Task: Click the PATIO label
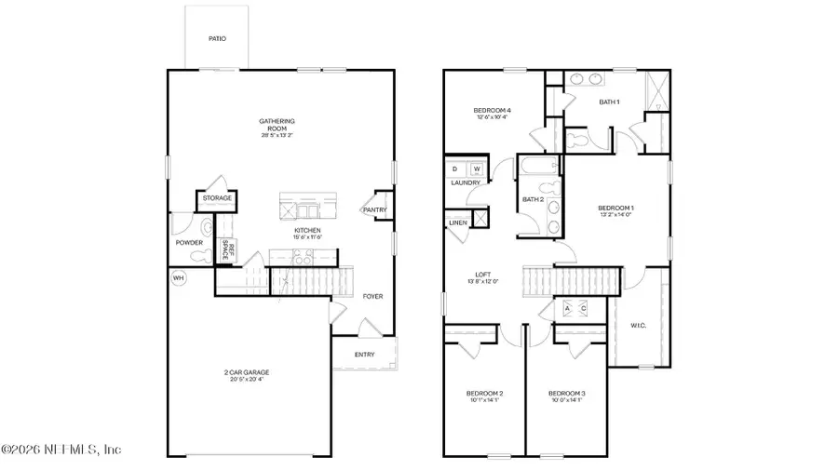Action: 217,39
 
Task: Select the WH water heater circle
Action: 178,277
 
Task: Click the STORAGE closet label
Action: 217,198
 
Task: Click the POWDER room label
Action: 189,243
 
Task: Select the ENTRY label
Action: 365,355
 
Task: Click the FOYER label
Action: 372,297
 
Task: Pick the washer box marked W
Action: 477,168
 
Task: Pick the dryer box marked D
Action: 455,168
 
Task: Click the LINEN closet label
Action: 457,223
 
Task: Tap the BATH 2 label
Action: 533,199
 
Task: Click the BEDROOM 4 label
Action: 493,111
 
